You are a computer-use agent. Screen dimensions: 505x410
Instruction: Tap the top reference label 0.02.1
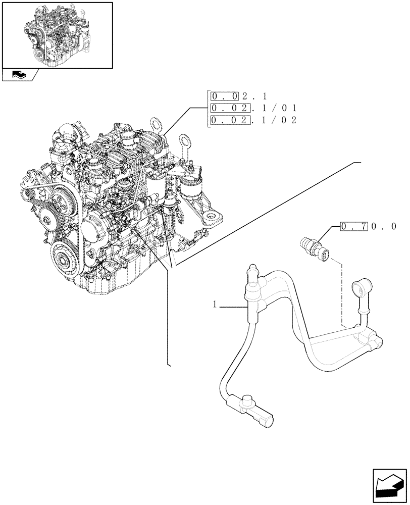240,95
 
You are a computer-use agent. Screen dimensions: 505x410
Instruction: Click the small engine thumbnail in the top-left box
57,35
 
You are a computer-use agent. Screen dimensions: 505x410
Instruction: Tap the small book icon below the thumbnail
19,75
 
